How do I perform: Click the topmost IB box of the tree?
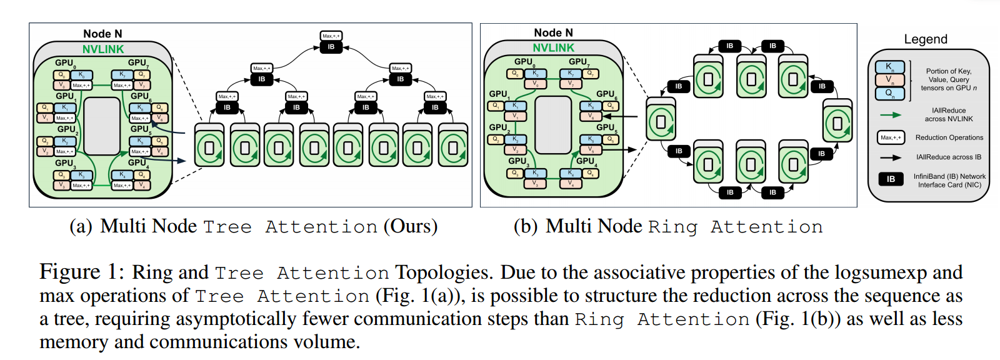331,47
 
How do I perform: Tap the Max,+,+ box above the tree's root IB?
331,36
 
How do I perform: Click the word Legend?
926,39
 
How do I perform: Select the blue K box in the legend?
889,67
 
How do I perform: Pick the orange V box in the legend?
889,80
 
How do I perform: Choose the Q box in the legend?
889,94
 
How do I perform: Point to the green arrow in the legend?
891,115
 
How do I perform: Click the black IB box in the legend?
891,179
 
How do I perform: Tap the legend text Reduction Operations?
949,137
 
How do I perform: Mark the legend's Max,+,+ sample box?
891,137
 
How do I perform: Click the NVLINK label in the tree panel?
103,49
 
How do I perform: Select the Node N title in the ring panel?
553,33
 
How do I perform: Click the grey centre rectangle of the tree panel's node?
102,126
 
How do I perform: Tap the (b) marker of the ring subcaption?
526,226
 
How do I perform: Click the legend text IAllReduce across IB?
949,157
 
